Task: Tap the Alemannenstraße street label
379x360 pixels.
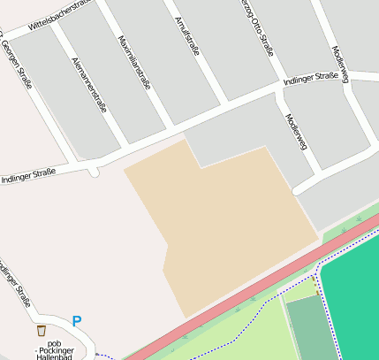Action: pyautogui.click(x=87, y=84)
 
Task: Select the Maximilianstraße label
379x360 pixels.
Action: pyautogui.click(x=133, y=63)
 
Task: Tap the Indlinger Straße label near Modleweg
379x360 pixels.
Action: pyautogui.click(x=311, y=80)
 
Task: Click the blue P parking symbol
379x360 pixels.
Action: pyautogui.click(x=77, y=321)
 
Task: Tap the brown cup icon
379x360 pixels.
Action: pyautogui.click(x=41, y=330)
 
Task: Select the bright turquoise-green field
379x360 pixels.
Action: pyautogui.click(x=353, y=301)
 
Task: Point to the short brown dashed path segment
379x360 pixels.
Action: pyautogui.click(x=316, y=285)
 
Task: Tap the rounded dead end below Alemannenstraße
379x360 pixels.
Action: pyautogui.click(x=95, y=171)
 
